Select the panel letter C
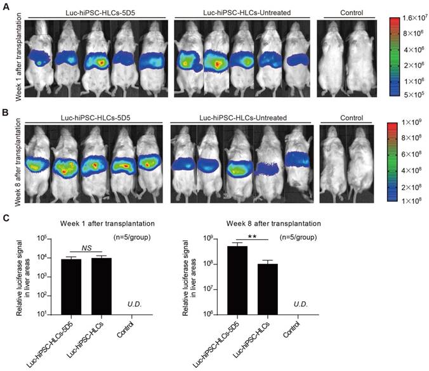coord(6,218)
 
